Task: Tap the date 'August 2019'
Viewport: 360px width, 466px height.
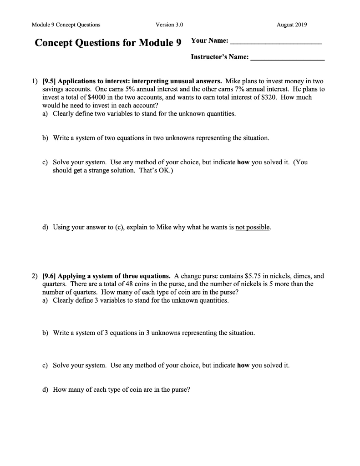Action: pyautogui.click(x=292, y=25)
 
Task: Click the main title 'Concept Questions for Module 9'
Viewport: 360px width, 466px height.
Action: pyautogui.click(x=108, y=43)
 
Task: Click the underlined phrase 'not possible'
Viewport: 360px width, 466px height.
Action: pyautogui.click(x=253, y=227)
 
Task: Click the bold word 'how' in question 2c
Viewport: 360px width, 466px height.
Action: pyautogui.click(x=243, y=365)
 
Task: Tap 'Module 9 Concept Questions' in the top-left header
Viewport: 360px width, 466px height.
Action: pyautogui.click(x=66, y=25)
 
